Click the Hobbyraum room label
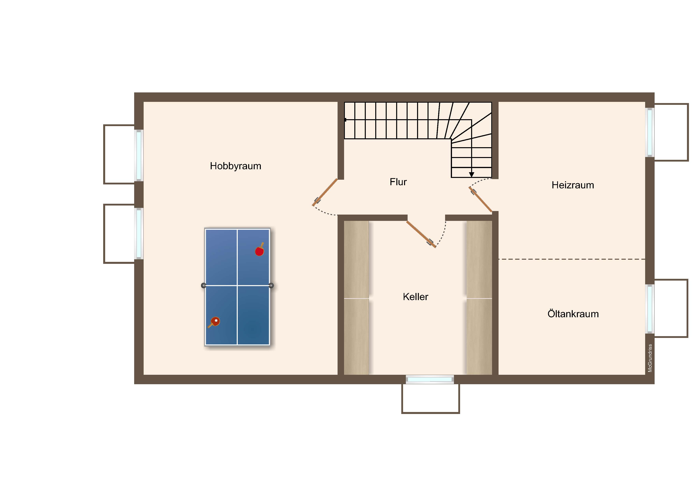click(x=235, y=166)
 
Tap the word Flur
click(x=398, y=182)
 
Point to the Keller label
click(x=415, y=297)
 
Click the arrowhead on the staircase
click(x=472, y=175)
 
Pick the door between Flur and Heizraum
click(x=480, y=199)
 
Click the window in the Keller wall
click(x=430, y=379)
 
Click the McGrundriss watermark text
click(x=650, y=358)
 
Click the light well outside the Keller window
click(x=430, y=399)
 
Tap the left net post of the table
click(x=204, y=285)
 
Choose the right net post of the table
click(x=271, y=285)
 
